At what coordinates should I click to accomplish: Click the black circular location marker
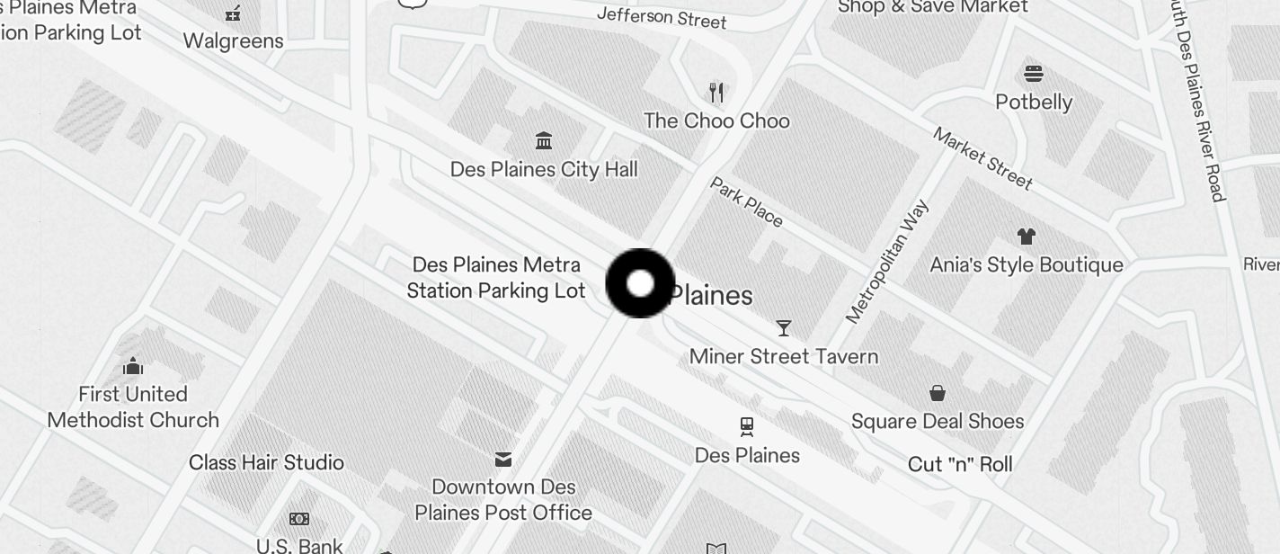[x=640, y=283]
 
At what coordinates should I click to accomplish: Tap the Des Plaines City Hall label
[x=544, y=170]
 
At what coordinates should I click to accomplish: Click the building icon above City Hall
[x=544, y=140]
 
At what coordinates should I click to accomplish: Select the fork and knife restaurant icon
[x=716, y=92]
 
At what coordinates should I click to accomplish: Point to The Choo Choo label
[x=716, y=121]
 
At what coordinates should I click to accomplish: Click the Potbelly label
[x=1034, y=102]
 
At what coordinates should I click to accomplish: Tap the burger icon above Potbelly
[x=1034, y=73]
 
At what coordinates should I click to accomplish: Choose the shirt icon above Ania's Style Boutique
[x=1026, y=237]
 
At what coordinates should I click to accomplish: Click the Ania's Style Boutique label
[x=1026, y=265]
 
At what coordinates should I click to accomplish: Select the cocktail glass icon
[x=784, y=328]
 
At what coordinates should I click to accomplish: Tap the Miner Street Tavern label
[x=784, y=357]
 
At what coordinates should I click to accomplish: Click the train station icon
[x=747, y=426]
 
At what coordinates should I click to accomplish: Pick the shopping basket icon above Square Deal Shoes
[x=938, y=393]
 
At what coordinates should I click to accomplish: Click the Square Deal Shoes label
[x=938, y=422]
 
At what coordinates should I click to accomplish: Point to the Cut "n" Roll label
[x=960, y=465]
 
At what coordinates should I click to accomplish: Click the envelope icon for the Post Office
[x=503, y=460]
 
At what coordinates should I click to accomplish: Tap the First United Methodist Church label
[x=133, y=407]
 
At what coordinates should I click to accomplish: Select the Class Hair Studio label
[x=266, y=463]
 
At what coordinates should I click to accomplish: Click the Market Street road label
[x=982, y=158]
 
